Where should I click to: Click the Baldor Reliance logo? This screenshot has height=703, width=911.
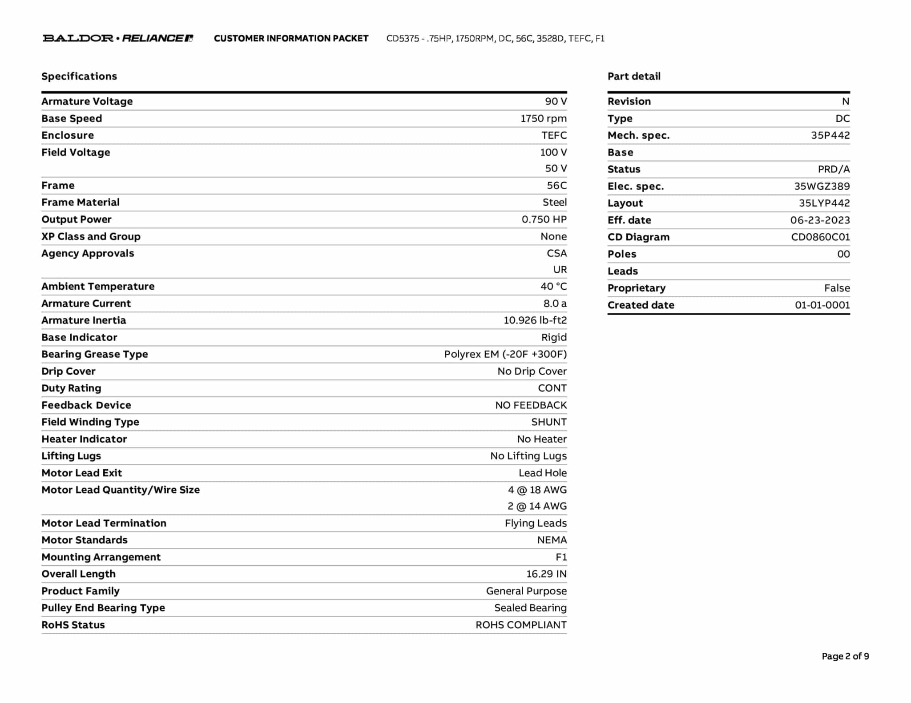[117, 38]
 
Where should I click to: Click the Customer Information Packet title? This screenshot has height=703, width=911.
[291, 39]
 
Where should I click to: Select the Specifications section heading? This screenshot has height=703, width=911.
[79, 76]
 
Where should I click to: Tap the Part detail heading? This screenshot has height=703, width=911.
[634, 76]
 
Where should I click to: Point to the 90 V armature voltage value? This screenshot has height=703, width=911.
[556, 101]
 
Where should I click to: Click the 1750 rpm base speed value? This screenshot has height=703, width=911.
[543, 119]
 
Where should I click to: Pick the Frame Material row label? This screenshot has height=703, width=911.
[81, 203]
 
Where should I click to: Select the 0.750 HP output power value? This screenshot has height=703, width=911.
[544, 220]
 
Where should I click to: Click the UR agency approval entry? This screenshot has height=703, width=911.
[560, 270]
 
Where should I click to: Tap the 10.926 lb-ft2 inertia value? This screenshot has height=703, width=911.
[535, 320]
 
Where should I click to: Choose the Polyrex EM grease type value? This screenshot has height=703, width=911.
[505, 354]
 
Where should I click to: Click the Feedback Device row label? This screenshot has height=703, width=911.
[86, 405]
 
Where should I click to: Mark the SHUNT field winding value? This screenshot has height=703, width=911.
[548, 422]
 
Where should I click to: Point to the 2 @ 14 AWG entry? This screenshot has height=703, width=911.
[537, 506]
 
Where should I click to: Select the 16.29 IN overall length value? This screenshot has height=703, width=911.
[546, 574]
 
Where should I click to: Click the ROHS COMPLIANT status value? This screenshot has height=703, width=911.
[521, 625]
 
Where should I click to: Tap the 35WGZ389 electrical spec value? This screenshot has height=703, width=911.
[822, 186]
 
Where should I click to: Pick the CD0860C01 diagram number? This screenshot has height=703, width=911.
[820, 237]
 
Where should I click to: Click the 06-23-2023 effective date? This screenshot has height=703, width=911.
[820, 220]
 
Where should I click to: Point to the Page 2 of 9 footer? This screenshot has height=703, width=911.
[845, 656]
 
